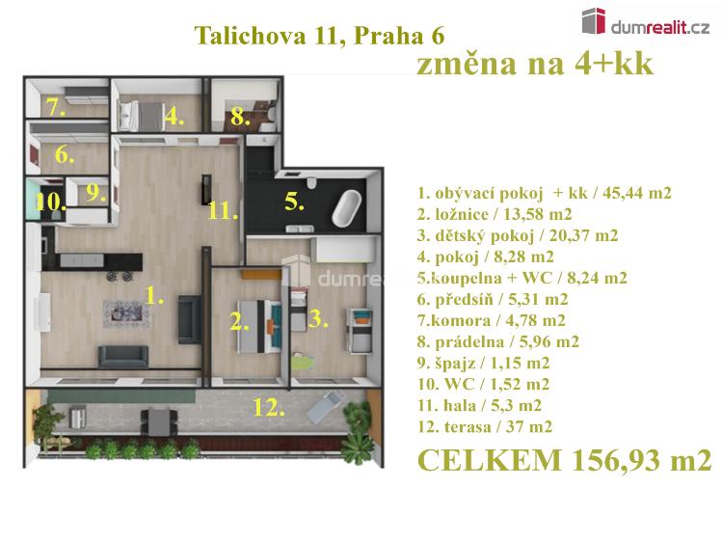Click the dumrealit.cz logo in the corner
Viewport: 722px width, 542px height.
click(646, 22)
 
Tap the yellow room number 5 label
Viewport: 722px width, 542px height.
click(294, 202)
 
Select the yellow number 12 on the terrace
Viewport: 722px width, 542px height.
click(268, 408)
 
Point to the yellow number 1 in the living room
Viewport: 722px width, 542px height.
click(154, 295)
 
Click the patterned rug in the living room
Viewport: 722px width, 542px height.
click(126, 313)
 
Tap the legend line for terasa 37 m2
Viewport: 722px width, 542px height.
click(485, 426)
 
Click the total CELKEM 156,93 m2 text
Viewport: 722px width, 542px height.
click(565, 460)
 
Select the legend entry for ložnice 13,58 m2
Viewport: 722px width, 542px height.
click(495, 214)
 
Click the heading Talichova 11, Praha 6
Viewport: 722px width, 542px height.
click(319, 36)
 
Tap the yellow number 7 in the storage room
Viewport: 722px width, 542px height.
click(55, 108)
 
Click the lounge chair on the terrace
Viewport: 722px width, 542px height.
click(325, 407)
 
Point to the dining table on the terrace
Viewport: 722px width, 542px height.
click(159, 421)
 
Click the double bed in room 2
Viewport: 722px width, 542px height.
click(258, 326)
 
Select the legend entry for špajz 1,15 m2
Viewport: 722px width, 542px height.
click(484, 363)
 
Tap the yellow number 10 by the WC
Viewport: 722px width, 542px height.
click(50, 202)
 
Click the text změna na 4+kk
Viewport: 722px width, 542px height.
click(534, 63)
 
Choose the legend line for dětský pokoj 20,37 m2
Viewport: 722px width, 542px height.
click(518, 235)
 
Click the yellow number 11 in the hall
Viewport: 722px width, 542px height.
click(223, 211)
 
